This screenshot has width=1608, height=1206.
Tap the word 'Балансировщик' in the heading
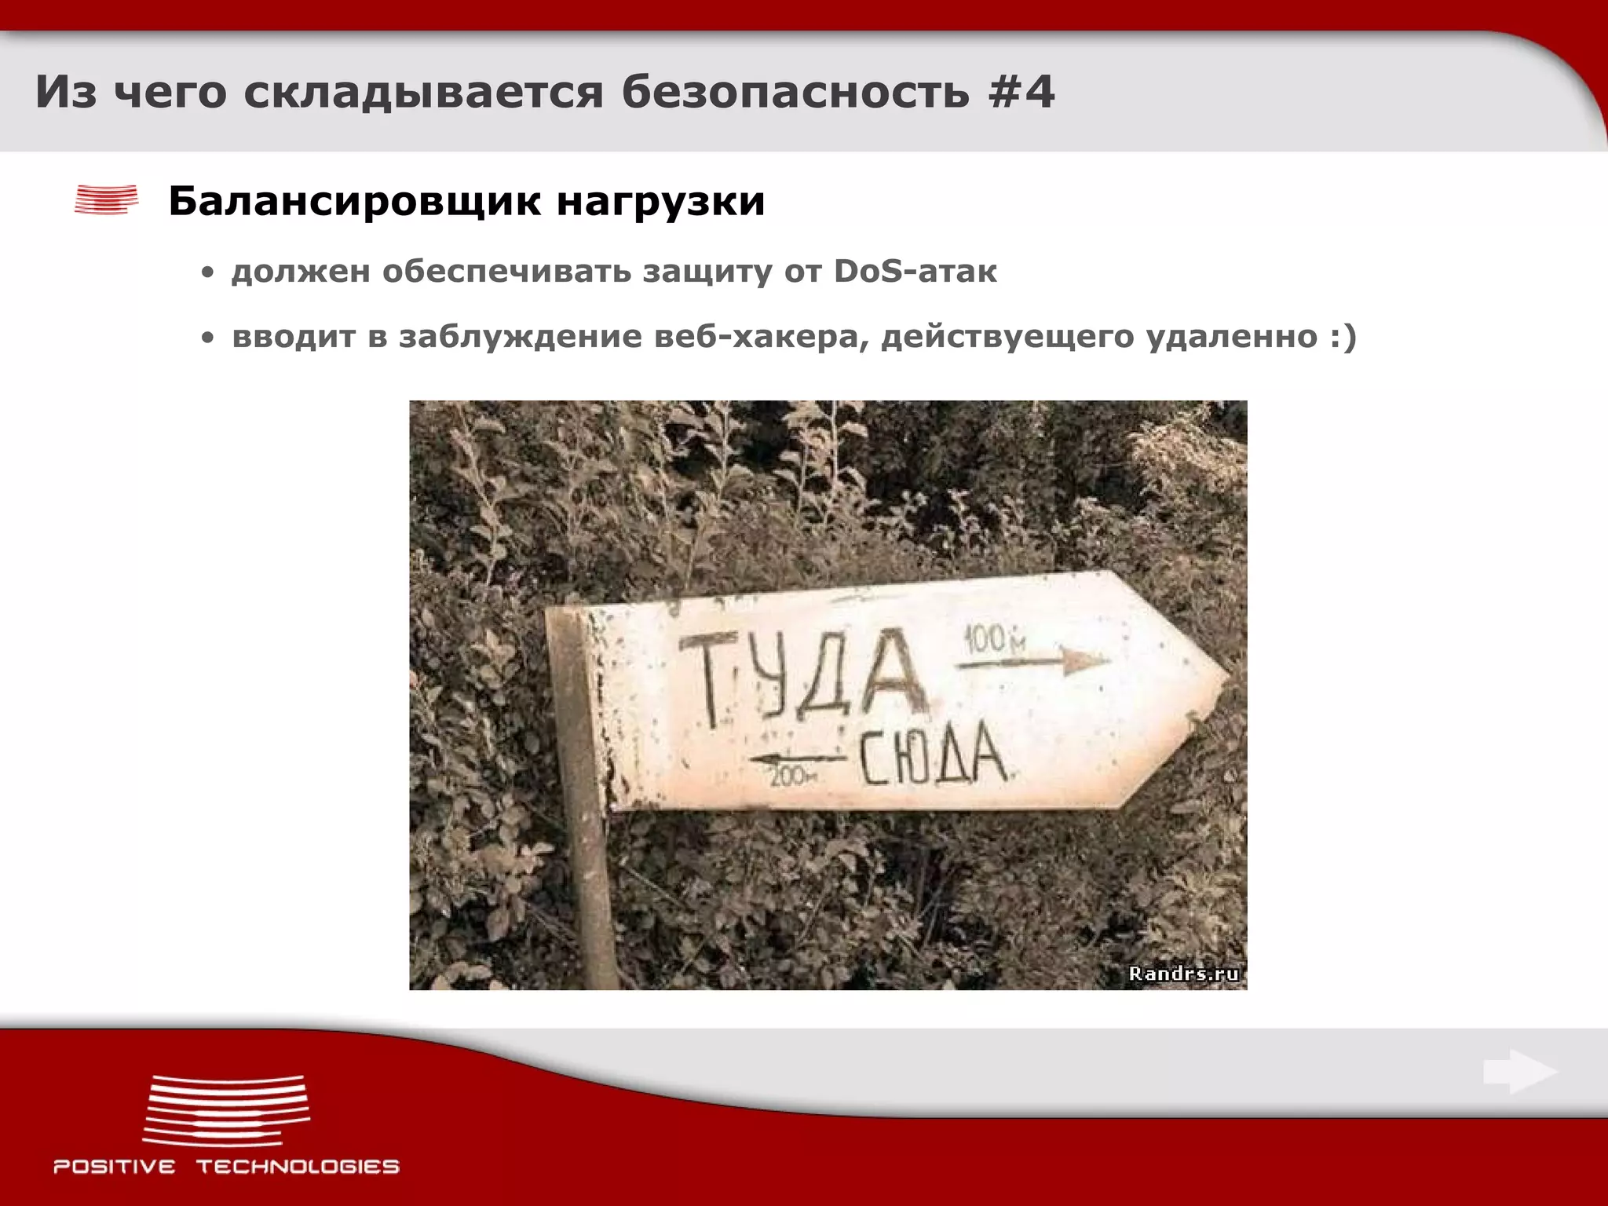[x=354, y=201]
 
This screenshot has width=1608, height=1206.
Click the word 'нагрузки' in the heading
[x=660, y=203]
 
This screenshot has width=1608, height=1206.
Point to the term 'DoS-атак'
[x=915, y=272]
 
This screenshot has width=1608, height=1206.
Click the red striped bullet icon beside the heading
[x=106, y=199]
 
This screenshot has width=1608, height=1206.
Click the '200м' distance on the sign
[x=792, y=777]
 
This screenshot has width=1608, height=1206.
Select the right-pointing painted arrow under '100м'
[x=1032, y=662]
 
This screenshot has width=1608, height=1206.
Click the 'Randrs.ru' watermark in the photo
[x=1183, y=974]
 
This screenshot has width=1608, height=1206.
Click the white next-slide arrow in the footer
[x=1519, y=1072]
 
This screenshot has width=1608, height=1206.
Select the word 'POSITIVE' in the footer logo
[x=115, y=1167]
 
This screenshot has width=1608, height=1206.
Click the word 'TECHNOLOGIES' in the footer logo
[x=298, y=1167]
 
